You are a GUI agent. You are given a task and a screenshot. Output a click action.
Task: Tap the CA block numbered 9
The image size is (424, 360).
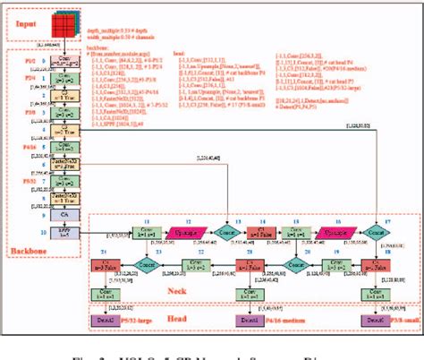coord(65,215)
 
